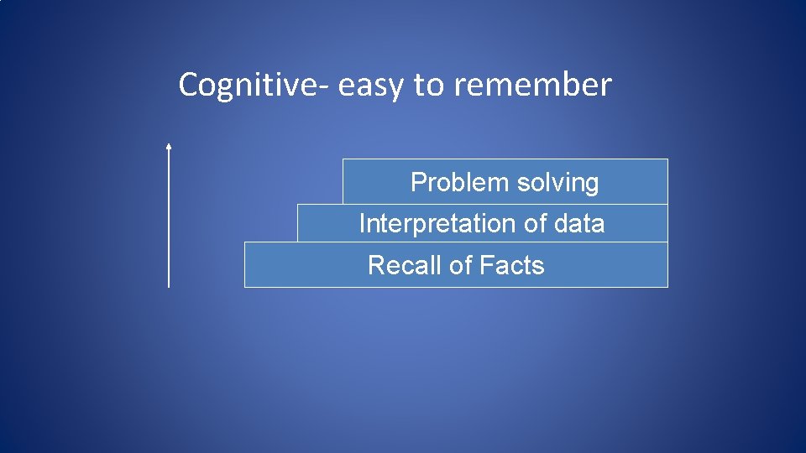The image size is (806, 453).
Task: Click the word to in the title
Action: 427,86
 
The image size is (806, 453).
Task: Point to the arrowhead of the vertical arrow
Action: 169,147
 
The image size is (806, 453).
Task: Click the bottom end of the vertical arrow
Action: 169,285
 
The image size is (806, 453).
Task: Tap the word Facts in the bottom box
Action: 512,266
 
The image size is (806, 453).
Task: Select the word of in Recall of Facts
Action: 461,266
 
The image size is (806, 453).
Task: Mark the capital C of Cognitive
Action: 188,85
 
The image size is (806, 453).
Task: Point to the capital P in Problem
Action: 417,182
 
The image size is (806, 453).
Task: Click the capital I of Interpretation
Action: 362,224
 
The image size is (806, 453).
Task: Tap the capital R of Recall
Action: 375,266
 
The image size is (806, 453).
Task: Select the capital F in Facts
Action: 486,266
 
